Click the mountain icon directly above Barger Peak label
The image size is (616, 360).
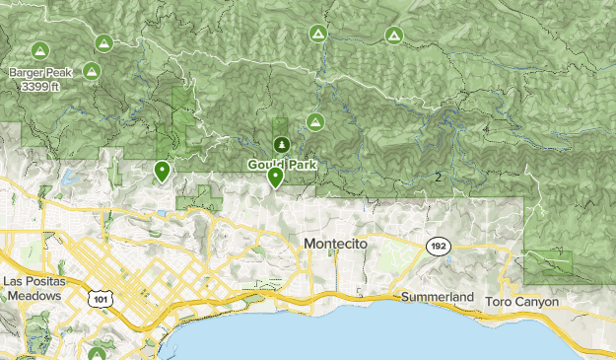40,49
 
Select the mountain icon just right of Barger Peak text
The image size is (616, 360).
92,70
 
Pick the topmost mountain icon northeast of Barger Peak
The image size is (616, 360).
103,42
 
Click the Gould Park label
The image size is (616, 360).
282,165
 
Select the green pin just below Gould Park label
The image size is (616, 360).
276,178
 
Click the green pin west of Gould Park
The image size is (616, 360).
161,172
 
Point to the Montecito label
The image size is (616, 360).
335,244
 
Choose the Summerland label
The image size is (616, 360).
438,297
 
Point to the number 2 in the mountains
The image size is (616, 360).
437,177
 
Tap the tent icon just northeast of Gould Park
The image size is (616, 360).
314,121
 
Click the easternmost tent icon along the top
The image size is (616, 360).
393,36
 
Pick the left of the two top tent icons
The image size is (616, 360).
317,33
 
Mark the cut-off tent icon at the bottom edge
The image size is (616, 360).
98,353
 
